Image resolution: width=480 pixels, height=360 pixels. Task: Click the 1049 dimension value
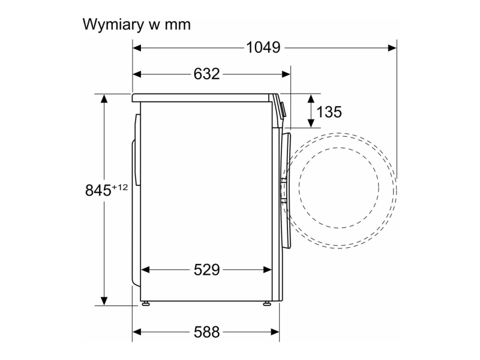[263, 48]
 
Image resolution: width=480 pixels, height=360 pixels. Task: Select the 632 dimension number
[206, 74]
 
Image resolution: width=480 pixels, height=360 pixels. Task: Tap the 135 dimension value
[329, 112]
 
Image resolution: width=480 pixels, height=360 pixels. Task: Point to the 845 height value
[98, 190]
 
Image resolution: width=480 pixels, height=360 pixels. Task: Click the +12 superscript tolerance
[119, 187]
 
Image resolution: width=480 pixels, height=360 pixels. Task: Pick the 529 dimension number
[206, 270]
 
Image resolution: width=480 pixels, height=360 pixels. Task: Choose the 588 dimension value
[206, 332]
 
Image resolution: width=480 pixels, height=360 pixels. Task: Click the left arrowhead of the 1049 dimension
[137, 48]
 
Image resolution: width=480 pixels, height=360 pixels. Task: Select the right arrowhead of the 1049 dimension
[392, 48]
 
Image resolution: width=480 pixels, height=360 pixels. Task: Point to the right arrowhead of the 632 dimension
[286, 74]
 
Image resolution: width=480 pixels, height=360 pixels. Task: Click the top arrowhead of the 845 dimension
[104, 98]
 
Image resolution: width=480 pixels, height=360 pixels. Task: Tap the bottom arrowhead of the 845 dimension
[104, 301]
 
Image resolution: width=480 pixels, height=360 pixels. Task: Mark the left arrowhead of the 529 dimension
[145, 269]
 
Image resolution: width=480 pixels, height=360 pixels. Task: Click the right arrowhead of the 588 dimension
[275, 332]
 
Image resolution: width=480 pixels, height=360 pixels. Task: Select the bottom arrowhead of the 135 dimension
[311, 123]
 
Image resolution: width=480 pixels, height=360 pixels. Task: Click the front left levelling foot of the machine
[146, 304]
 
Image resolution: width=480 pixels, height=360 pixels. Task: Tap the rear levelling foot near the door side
[267, 304]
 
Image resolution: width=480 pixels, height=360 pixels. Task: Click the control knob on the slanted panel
[283, 110]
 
